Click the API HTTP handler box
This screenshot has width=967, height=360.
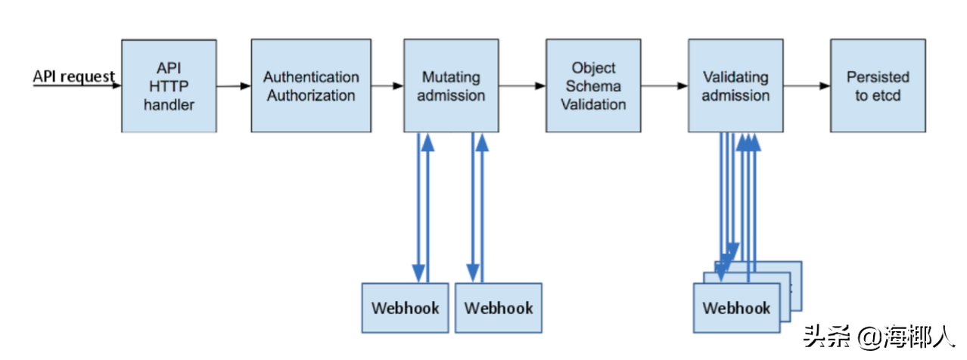click(169, 86)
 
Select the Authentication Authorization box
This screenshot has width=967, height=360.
click(311, 86)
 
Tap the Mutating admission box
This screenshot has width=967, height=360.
click(451, 86)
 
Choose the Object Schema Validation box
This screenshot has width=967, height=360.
click(593, 86)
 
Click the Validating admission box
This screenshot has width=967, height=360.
click(735, 86)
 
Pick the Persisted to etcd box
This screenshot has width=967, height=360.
click(878, 86)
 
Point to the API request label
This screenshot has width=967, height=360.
click(73, 76)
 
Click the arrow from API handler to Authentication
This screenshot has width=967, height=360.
click(233, 86)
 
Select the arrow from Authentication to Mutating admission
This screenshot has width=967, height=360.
click(387, 86)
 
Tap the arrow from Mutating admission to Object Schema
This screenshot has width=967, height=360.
click(522, 86)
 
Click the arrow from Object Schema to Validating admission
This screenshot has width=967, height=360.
click(664, 86)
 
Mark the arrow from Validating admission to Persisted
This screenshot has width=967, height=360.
click(807, 86)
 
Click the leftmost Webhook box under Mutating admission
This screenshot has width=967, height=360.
click(405, 308)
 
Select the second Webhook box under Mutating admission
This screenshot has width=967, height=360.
click(498, 308)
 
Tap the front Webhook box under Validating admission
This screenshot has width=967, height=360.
click(736, 308)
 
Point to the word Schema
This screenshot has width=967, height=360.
click(594, 86)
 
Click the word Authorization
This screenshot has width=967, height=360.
click(311, 96)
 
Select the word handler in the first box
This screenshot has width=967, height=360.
click(169, 105)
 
